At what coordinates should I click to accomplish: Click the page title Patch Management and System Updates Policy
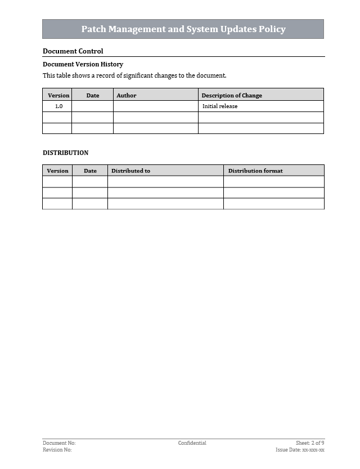183,29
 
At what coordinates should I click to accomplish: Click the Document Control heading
73,51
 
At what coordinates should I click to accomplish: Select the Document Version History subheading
83,64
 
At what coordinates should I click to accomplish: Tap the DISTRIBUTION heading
65,153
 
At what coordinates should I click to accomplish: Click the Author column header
127,95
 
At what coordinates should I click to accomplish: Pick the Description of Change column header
232,95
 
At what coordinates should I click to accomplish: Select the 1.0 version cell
58,106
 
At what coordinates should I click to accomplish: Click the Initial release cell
220,106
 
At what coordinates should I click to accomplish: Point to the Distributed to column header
130,171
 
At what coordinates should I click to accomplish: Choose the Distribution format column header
255,171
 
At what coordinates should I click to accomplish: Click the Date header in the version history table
93,95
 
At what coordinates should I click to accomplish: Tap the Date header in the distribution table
90,171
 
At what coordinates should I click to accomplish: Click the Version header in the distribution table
57,171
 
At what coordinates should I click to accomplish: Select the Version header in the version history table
58,95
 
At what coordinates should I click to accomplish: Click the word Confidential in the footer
192,443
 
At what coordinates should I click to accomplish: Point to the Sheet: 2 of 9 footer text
310,443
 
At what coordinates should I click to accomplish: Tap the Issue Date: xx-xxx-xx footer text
300,450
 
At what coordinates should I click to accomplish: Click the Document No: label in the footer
59,443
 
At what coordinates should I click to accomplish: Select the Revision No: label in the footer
57,450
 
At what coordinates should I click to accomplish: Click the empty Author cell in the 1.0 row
156,106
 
